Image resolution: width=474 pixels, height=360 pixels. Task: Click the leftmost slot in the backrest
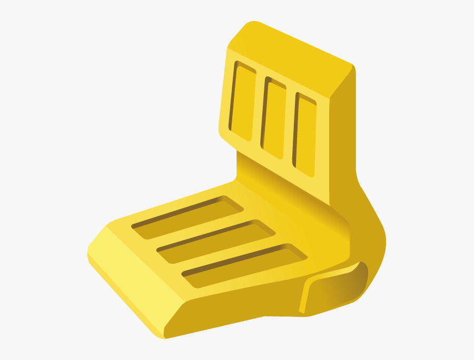pos(243,102)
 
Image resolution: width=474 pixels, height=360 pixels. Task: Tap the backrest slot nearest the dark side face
pos(304,135)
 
